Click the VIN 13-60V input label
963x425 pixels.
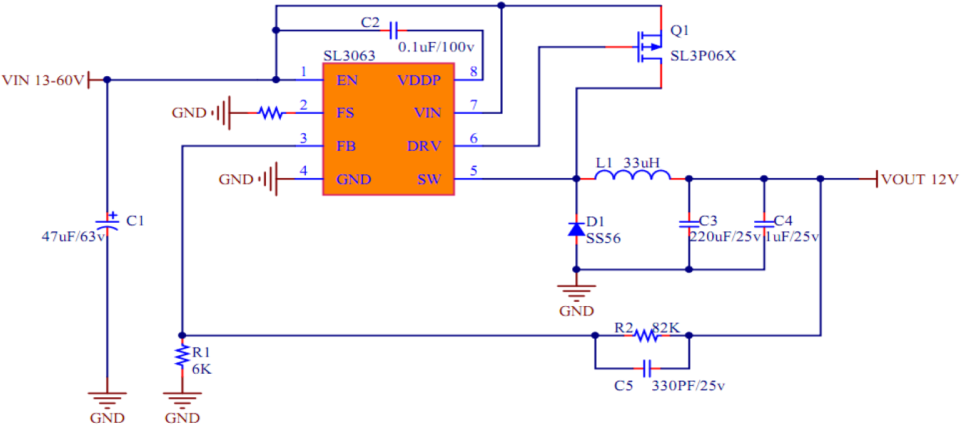click(43, 79)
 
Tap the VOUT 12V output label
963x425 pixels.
click(920, 178)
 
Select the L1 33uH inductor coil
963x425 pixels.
click(632, 176)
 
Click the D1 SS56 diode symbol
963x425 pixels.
click(577, 229)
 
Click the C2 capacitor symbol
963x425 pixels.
click(394, 30)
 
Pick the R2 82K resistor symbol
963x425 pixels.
click(644, 335)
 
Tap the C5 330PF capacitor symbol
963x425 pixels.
click(647, 368)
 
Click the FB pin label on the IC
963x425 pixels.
click(347, 147)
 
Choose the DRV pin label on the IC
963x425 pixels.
click(424, 147)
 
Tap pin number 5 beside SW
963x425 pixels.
click(474, 170)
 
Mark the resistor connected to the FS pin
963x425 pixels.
click(270, 112)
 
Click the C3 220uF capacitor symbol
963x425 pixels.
click(689, 223)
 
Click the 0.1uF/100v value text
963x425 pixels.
click(436, 47)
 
